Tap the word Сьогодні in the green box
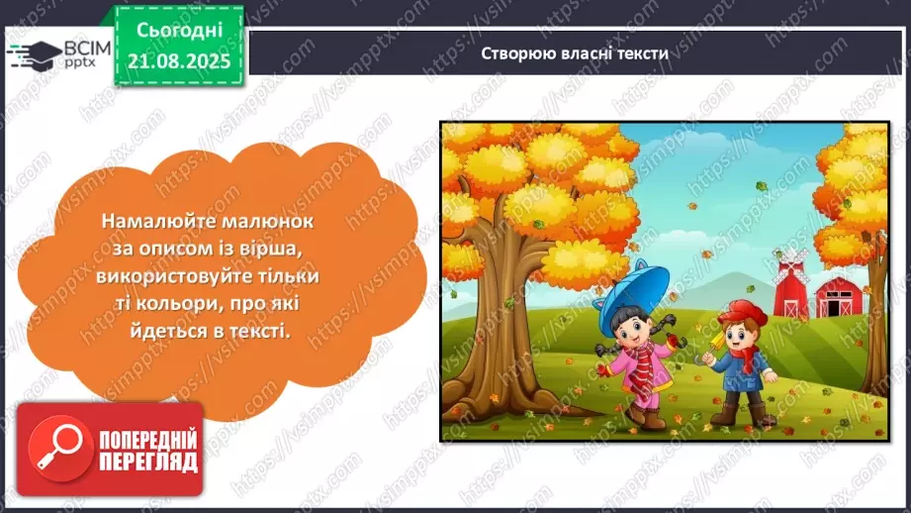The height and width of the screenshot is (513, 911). [x=179, y=31]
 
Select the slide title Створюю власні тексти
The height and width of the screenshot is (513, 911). [x=576, y=53]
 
